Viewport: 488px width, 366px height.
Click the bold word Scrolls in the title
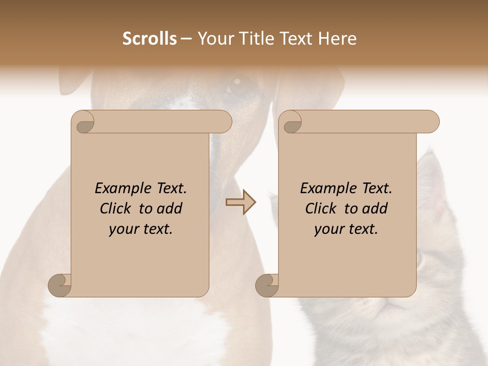pyautogui.click(x=149, y=39)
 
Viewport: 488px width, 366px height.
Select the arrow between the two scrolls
pyautogui.click(x=240, y=202)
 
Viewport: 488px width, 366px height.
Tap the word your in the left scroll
pyautogui.click(x=124, y=229)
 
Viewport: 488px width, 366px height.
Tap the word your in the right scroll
pyautogui.click(x=329, y=229)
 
